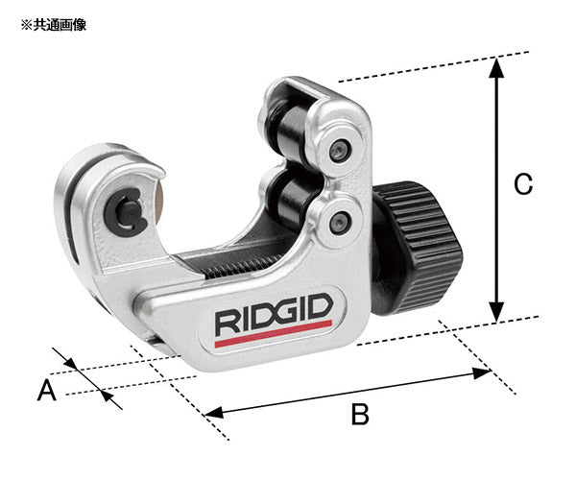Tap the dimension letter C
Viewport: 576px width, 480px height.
(x=523, y=184)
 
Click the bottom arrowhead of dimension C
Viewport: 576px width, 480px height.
(x=496, y=313)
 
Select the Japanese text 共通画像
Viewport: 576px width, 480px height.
(x=60, y=25)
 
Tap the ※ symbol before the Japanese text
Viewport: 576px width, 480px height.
(x=25, y=25)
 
